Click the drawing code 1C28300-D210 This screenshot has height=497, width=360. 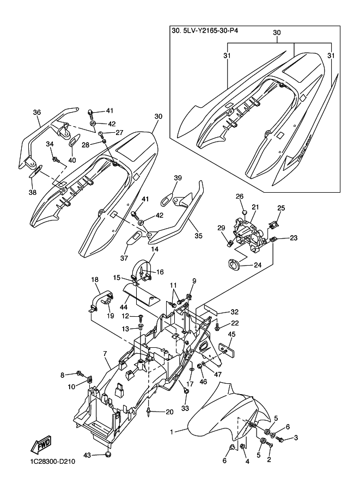(x=51, y=462)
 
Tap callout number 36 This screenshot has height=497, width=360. (x=37, y=112)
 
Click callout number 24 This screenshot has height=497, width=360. (x=258, y=265)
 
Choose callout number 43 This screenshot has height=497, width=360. (x=87, y=456)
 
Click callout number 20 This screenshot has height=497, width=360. (x=170, y=412)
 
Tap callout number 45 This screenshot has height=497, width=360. (x=231, y=334)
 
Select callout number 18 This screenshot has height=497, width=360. (x=95, y=280)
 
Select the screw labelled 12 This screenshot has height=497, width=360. (x=141, y=317)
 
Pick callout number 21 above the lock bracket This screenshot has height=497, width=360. (x=255, y=207)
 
